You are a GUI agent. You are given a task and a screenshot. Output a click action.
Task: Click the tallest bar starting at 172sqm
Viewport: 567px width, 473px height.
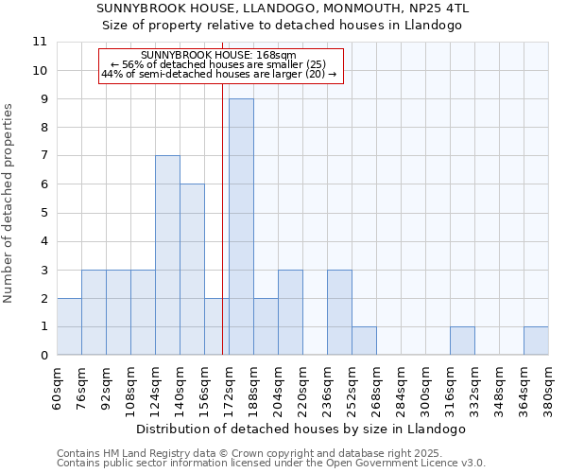(x=241, y=227)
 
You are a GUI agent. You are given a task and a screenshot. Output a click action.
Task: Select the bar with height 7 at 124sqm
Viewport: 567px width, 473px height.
(x=167, y=255)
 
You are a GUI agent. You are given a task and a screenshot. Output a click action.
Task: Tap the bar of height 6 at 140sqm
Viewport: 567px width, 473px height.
(x=192, y=270)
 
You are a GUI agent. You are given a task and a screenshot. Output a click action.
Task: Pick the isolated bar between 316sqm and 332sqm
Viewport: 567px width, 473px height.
(x=462, y=341)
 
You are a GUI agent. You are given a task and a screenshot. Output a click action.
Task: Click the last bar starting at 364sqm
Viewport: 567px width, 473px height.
(x=536, y=341)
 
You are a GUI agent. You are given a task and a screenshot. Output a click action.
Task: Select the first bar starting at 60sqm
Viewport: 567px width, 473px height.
(x=69, y=326)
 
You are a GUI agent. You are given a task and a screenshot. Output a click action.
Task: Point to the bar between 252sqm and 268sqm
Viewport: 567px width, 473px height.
(x=364, y=341)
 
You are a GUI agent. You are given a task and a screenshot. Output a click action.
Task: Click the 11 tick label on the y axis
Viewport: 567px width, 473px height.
(x=40, y=42)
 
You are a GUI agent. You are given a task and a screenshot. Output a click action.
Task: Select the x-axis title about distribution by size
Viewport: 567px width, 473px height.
(x=302, y=429)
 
